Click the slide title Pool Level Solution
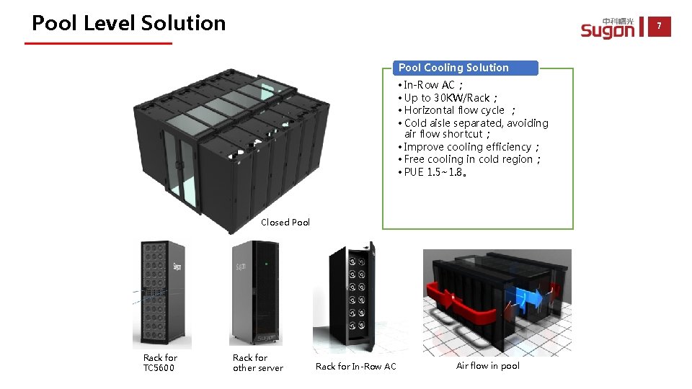coord(129,23)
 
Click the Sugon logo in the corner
coord(608,29)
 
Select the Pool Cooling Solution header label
coord(453,68)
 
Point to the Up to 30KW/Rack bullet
coord(447,98)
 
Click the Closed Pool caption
coord(285,223)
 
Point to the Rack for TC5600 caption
coord(160,362)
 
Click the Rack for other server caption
coord(257,362)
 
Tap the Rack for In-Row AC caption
coord(356,367)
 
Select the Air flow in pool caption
coord(488,366)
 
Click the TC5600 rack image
coord(162,294)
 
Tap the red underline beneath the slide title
coord(98,43)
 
